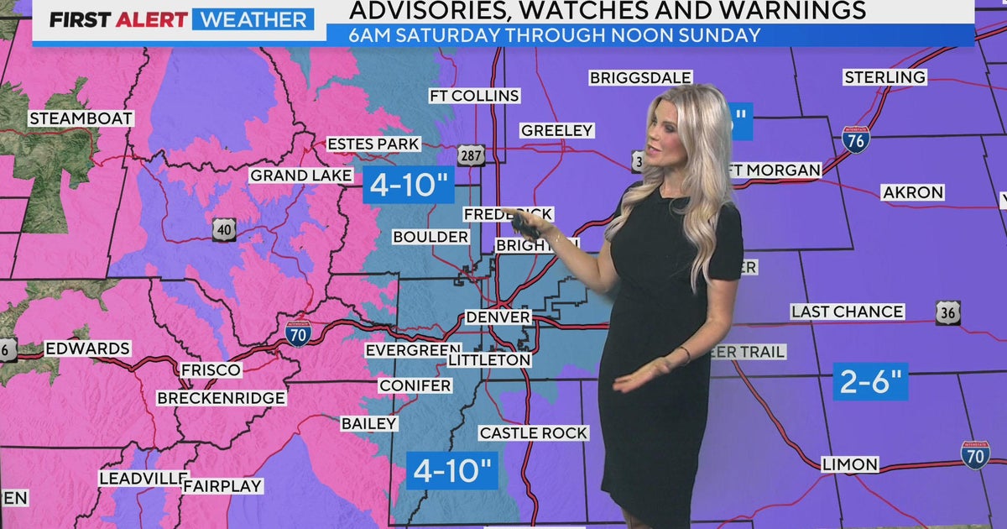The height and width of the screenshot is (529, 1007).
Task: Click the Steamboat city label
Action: click(81, 118)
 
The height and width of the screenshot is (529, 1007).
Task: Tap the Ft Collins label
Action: click(474, 96)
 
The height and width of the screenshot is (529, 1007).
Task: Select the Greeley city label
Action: click(557, 130)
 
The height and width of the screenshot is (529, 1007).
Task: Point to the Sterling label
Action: click(885, 77)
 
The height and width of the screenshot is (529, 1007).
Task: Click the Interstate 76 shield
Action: click(856, 139)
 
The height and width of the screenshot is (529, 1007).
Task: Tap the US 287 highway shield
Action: click(471, 155)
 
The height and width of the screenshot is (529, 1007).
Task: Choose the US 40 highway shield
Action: click(224, 230)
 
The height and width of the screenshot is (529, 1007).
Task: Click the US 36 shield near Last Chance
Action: click(948, 312)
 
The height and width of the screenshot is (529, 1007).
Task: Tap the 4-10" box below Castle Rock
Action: click(452, 470)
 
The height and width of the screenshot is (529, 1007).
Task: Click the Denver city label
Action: click(498, 317)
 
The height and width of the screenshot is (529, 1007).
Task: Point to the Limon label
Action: click(850, 464)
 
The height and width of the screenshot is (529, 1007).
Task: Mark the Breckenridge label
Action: click(222, 397)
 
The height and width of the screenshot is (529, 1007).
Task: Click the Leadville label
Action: click(141, 478)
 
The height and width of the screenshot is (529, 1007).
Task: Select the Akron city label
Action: click(913, 192)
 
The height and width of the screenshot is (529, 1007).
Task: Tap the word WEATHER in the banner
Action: click(253, 19)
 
